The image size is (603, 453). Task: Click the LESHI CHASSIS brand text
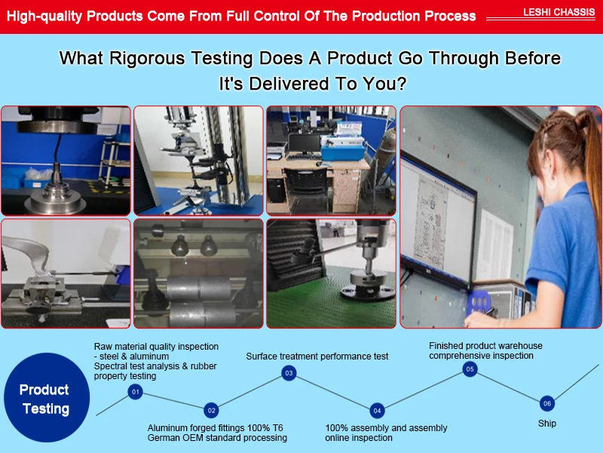click(x=559, y=12)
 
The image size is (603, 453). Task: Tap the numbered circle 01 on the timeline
click(x=136, y=392)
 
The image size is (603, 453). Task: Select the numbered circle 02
click(x=212, y=410)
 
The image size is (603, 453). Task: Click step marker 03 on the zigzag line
click(x=289, y=373)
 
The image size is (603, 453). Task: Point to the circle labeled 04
click(x=377, y=411)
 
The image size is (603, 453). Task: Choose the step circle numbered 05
click(x=470, y=369)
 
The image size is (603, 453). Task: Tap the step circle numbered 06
click(x=547, y=403)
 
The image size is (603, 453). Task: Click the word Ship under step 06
click(x=547, y=424)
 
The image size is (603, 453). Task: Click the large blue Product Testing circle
click(x=47, y=397)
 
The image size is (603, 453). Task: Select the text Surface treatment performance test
click(x=317, y=357)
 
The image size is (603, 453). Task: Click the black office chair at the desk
click(x=307, y=188)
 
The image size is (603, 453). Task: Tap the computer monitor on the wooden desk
click(x=305, y=144)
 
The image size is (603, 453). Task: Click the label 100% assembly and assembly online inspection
click(x=386, y=433)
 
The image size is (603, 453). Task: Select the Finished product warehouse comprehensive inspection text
click(x=485, y=350)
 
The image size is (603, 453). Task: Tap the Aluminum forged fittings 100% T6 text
click(x=216, y=427)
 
